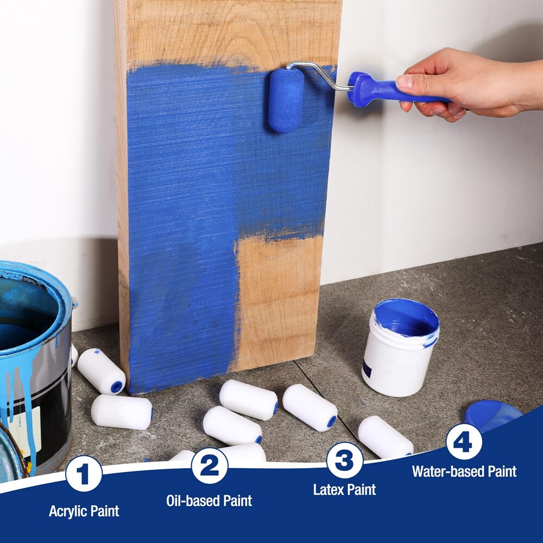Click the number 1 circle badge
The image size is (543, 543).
84,473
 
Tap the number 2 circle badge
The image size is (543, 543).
209,465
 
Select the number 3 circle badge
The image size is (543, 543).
344,460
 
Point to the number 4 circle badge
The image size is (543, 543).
464,441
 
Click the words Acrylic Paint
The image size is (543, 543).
84,511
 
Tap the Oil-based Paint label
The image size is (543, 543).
209,501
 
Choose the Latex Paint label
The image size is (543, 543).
344,489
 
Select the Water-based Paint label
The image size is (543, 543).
464,471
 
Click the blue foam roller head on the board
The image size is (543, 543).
286,100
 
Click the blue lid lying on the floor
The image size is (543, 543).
491,413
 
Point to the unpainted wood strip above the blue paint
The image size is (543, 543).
228,33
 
